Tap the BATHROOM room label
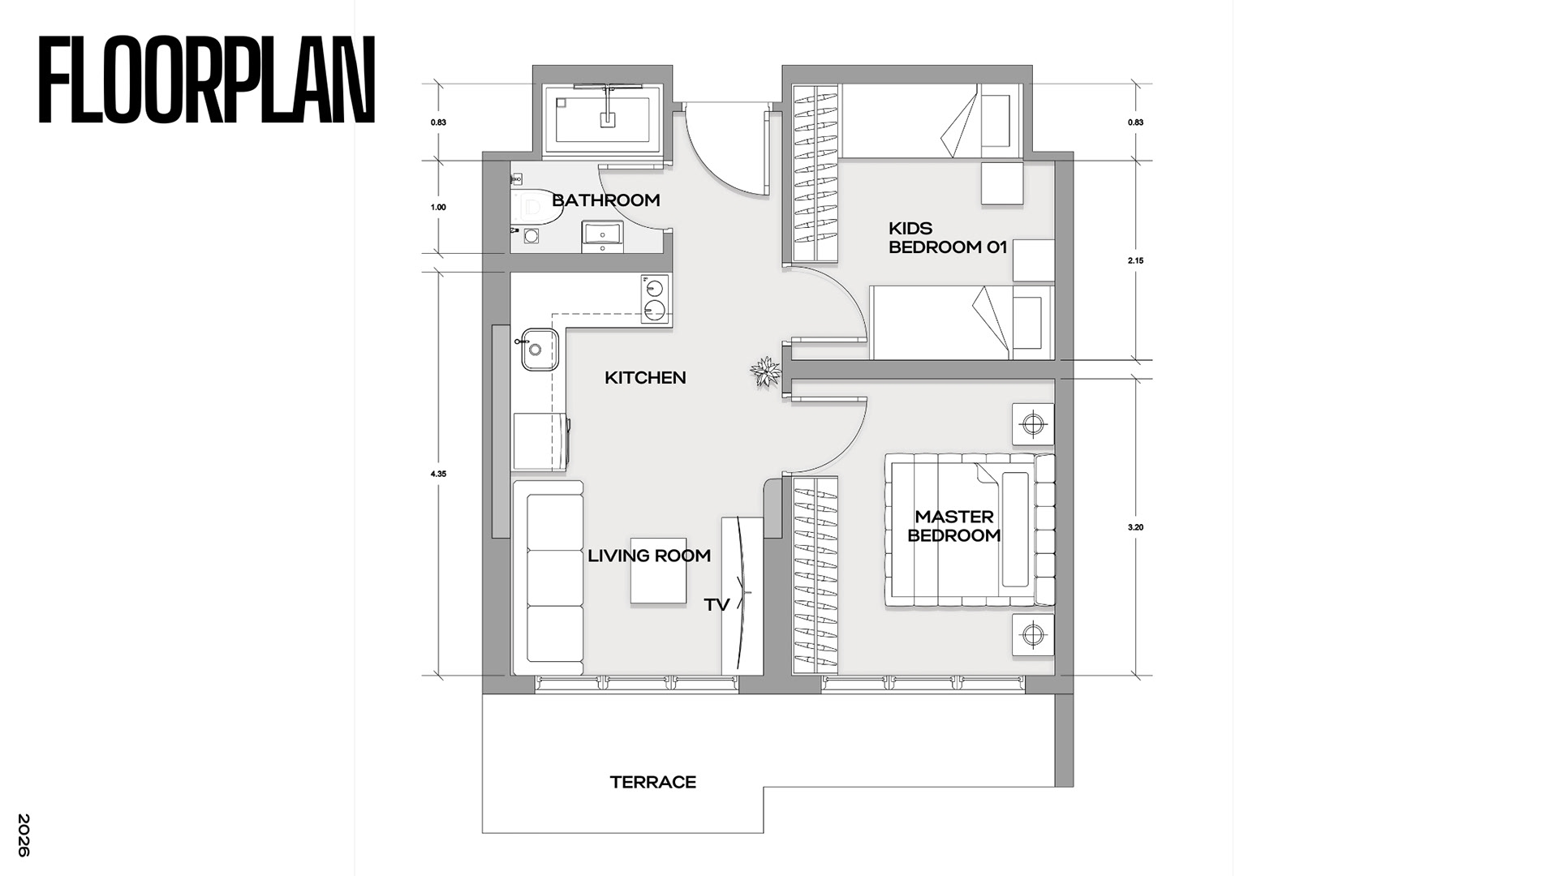pyautogui.click(x=606, y=200)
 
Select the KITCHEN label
pyautogui.click(x=645, y=378)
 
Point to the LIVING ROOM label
pyautogui.click(x=649, y=556)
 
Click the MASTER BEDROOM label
pyautogui.click(x=953, y=526)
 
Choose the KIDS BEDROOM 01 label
pyautogui.click(x=948, y=238)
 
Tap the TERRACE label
pyautogui.click(x=653, y=783)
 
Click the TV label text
pyautogui.click(x=717, y=605)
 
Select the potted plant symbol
pyautogui.click(x=765, y=373)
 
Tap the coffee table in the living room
pyautogui.click(x=658, y=570)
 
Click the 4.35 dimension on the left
pyautogui.click(x=438, y=474)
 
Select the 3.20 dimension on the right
pyautogui.click(x=1135, y=527)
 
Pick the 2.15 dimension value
pyautogui.click(x=1135, y=261)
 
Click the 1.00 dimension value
pyautogui.click(x=438, y=208)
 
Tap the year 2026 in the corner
pyautogui.click(x=24, y=835)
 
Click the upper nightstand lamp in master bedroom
pyautogui.click(x=1032, y=424)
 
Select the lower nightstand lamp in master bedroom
pyautogui.click(x=1032, y=634)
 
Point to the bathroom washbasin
pyautogui.click(x=603, y=233)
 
